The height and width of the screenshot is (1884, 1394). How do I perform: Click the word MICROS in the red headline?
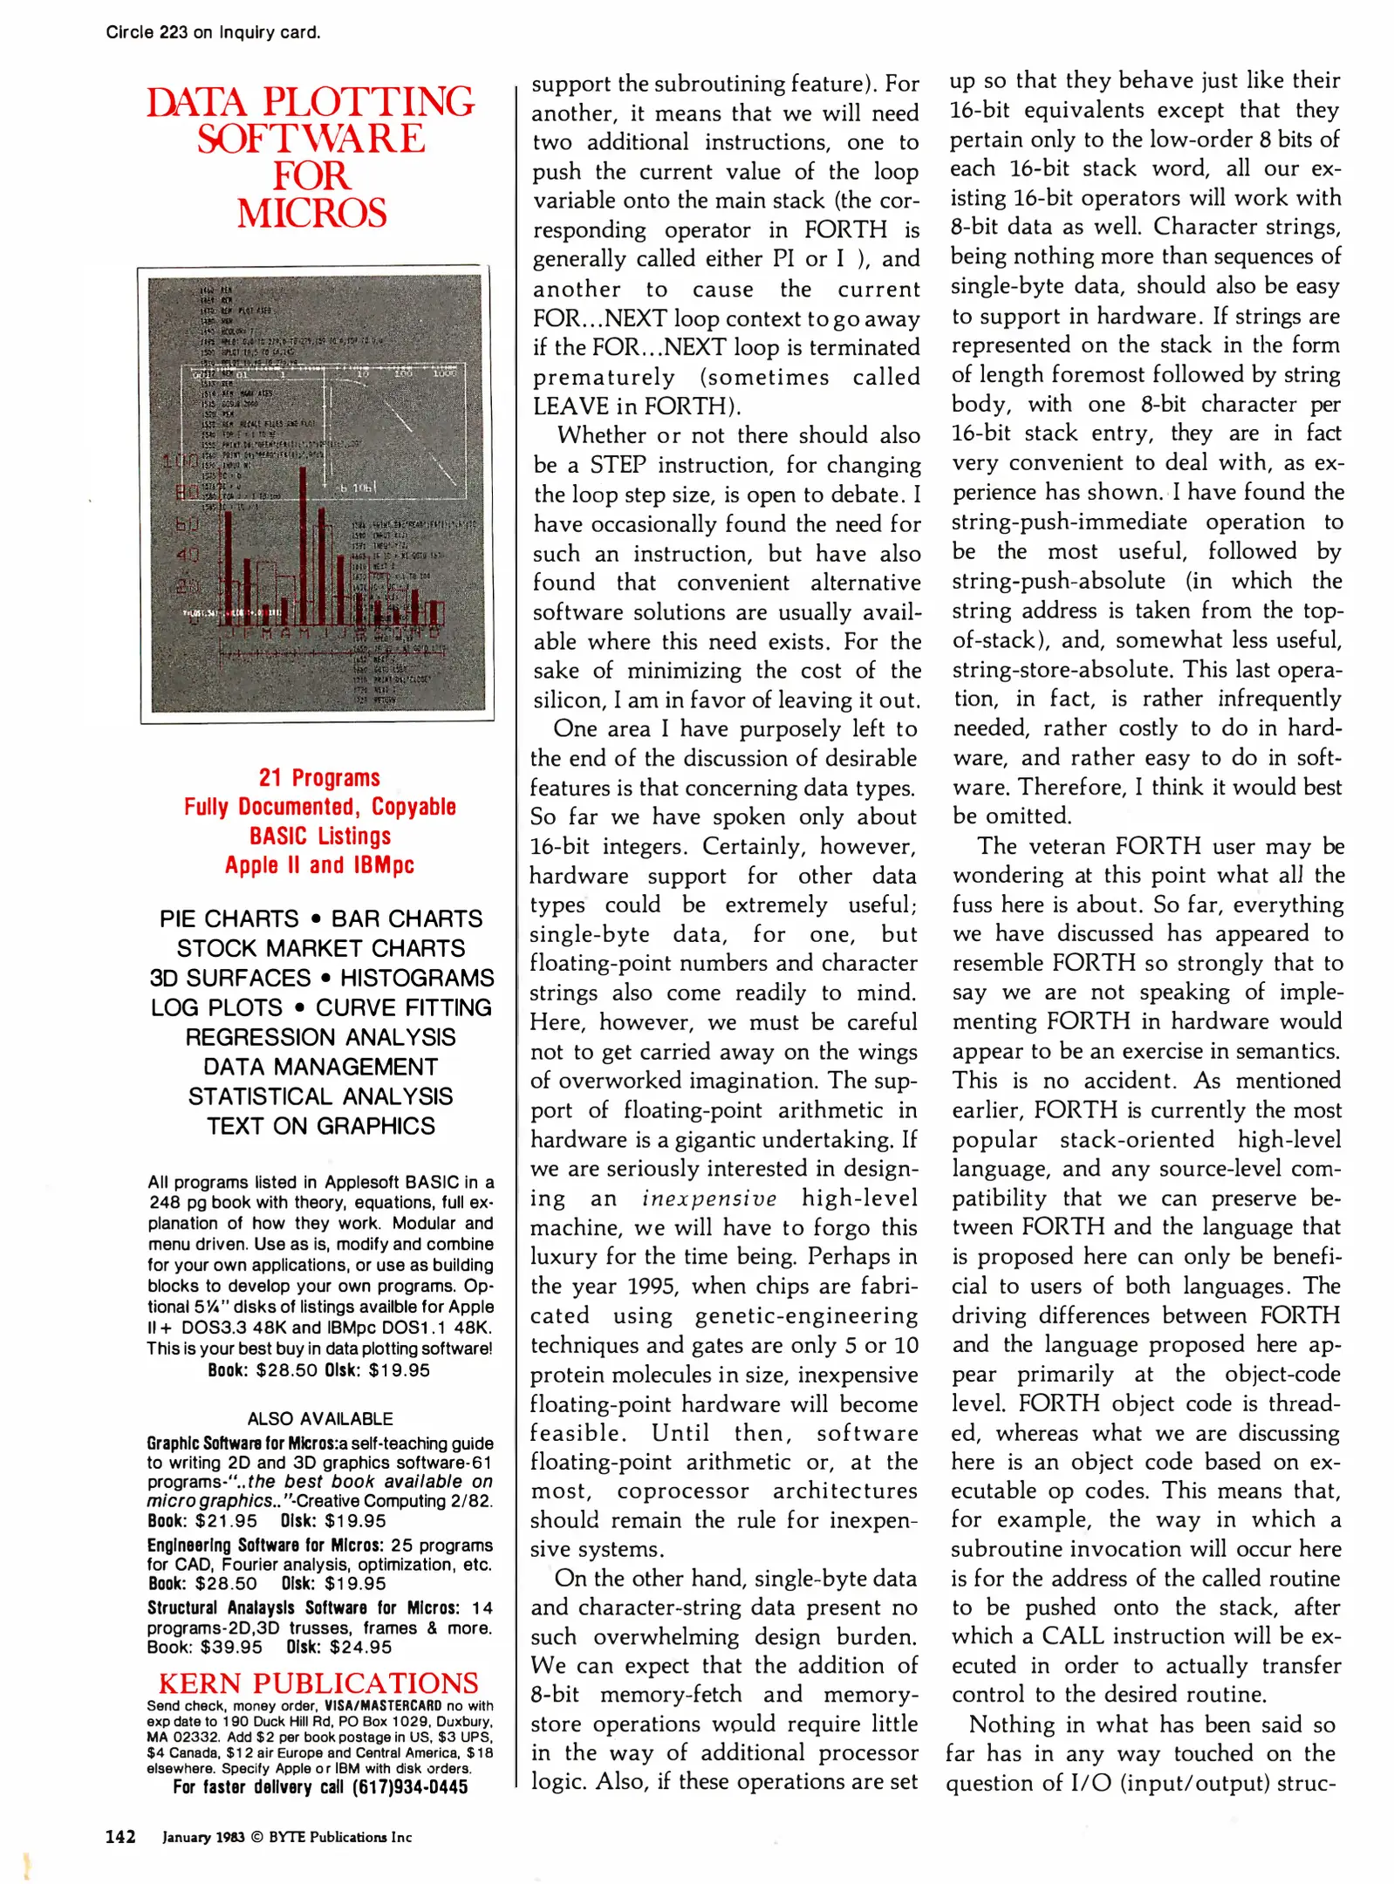311,214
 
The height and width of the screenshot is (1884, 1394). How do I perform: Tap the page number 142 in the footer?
120,1836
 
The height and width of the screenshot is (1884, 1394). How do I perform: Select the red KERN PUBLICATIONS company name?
318,1683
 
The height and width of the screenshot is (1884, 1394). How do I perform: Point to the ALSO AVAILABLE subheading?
320,1419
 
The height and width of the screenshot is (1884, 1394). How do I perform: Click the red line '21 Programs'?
319,777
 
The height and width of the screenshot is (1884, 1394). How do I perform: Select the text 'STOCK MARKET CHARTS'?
321,948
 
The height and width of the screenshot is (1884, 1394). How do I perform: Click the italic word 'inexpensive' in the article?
709,1198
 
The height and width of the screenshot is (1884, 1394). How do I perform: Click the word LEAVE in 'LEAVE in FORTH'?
571,406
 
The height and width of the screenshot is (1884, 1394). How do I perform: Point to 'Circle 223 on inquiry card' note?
213,33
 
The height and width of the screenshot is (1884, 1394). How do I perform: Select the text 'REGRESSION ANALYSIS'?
321,1037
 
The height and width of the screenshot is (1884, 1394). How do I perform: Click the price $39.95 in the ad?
231,1647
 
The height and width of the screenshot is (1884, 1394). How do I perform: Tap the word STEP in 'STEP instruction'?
618,465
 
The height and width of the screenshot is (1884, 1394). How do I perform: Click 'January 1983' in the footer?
203,1837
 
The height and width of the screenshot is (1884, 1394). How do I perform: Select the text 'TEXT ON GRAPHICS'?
321,1126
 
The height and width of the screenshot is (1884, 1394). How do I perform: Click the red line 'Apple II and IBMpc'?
319,865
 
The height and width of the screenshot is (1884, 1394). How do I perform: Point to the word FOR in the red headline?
311,176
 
